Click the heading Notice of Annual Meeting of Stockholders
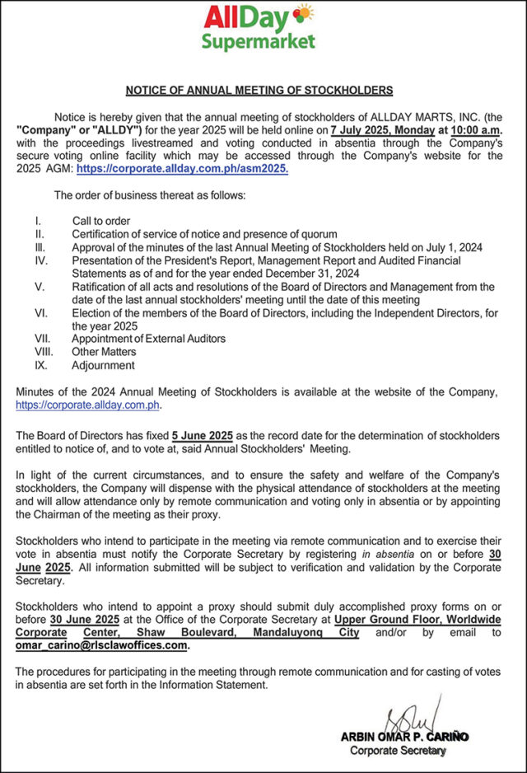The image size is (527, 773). click(259, 91)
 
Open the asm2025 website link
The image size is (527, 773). click(183, 168)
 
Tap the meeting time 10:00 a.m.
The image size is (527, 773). click(473, 131)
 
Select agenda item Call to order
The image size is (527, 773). click(101, 221)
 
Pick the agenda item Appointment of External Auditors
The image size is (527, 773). click(148, 339)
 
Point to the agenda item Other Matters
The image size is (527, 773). click(102, 352)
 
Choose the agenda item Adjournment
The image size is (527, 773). click(103, 365)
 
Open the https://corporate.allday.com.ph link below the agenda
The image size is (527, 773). click(87, 405)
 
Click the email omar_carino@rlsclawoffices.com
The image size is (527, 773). click(102, 646)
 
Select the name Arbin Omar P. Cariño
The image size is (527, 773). click(404, 737)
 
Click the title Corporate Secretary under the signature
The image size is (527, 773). click(398, 751)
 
